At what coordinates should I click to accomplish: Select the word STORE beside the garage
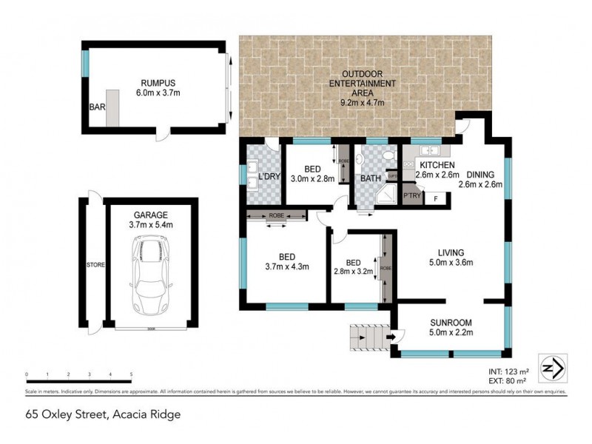[93, 264]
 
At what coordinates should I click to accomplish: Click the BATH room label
[371, 178]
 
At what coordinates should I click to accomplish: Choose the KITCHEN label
[437, 165]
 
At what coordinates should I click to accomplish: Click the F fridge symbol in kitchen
[436, 198]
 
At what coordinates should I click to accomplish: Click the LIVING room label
[452, 252]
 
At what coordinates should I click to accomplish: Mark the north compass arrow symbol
[554, 367]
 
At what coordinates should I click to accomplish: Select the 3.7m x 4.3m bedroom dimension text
[286, 267]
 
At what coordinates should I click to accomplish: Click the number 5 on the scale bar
[131, 374]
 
